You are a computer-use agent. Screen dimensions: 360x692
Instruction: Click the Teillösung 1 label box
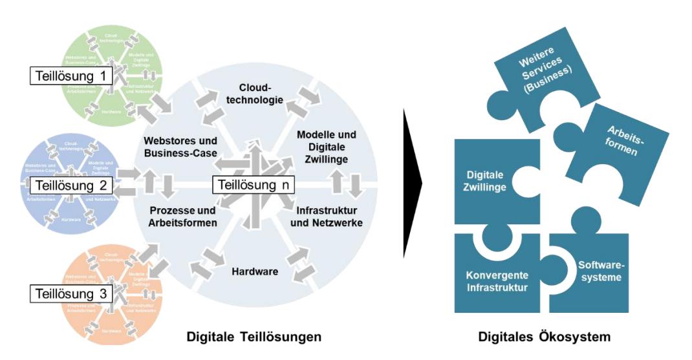pos(71,76)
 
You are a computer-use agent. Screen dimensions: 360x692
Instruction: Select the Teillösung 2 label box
pos(71,186)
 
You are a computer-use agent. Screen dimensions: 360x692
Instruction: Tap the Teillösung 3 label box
pos(71,295)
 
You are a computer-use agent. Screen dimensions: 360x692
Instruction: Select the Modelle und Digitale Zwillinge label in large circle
pos(327,146)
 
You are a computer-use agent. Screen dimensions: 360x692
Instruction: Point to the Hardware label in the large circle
pos(255,271)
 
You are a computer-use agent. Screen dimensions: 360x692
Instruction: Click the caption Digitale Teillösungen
pos(254,337)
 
